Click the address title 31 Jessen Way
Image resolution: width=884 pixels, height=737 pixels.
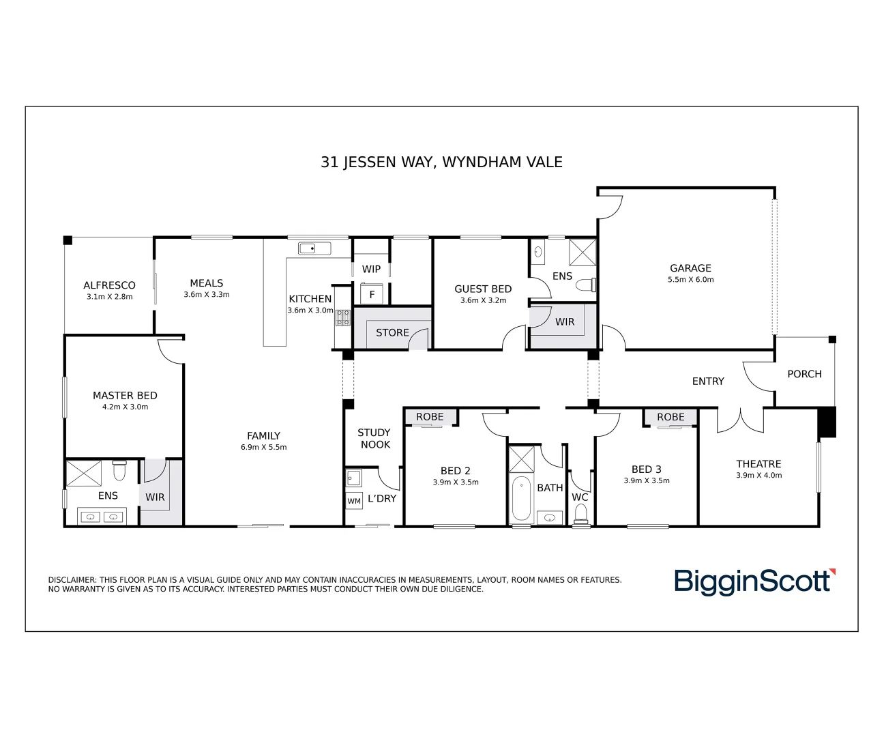(441, 162)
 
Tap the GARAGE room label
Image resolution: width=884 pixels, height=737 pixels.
(690, 268)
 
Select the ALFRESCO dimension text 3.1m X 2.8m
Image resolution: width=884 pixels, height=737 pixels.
(109, 297)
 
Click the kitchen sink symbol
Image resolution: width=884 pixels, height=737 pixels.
(314, 248)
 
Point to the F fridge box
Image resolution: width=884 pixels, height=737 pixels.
(372, 294)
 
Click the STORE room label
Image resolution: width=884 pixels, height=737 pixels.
(392, 332)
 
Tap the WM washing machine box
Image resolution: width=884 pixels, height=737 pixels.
(354, 501)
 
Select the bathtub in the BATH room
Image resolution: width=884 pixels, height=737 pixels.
(521, 498)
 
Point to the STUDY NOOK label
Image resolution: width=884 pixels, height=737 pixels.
(374, 438)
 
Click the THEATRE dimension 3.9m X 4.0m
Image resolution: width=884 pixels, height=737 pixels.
(758, 476)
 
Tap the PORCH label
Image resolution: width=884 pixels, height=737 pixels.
(804, 374)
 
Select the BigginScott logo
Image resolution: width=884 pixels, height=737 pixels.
(754, 581)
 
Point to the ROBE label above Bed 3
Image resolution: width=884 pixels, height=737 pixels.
(671, 417)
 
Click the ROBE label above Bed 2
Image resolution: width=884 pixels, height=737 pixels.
(430, 417)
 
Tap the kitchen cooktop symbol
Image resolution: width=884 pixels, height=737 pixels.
(342, 317)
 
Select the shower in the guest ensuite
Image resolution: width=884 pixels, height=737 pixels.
(582, 252)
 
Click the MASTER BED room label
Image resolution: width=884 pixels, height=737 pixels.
(125, 395)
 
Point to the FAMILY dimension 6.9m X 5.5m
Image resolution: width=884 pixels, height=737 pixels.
(263, 448)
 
